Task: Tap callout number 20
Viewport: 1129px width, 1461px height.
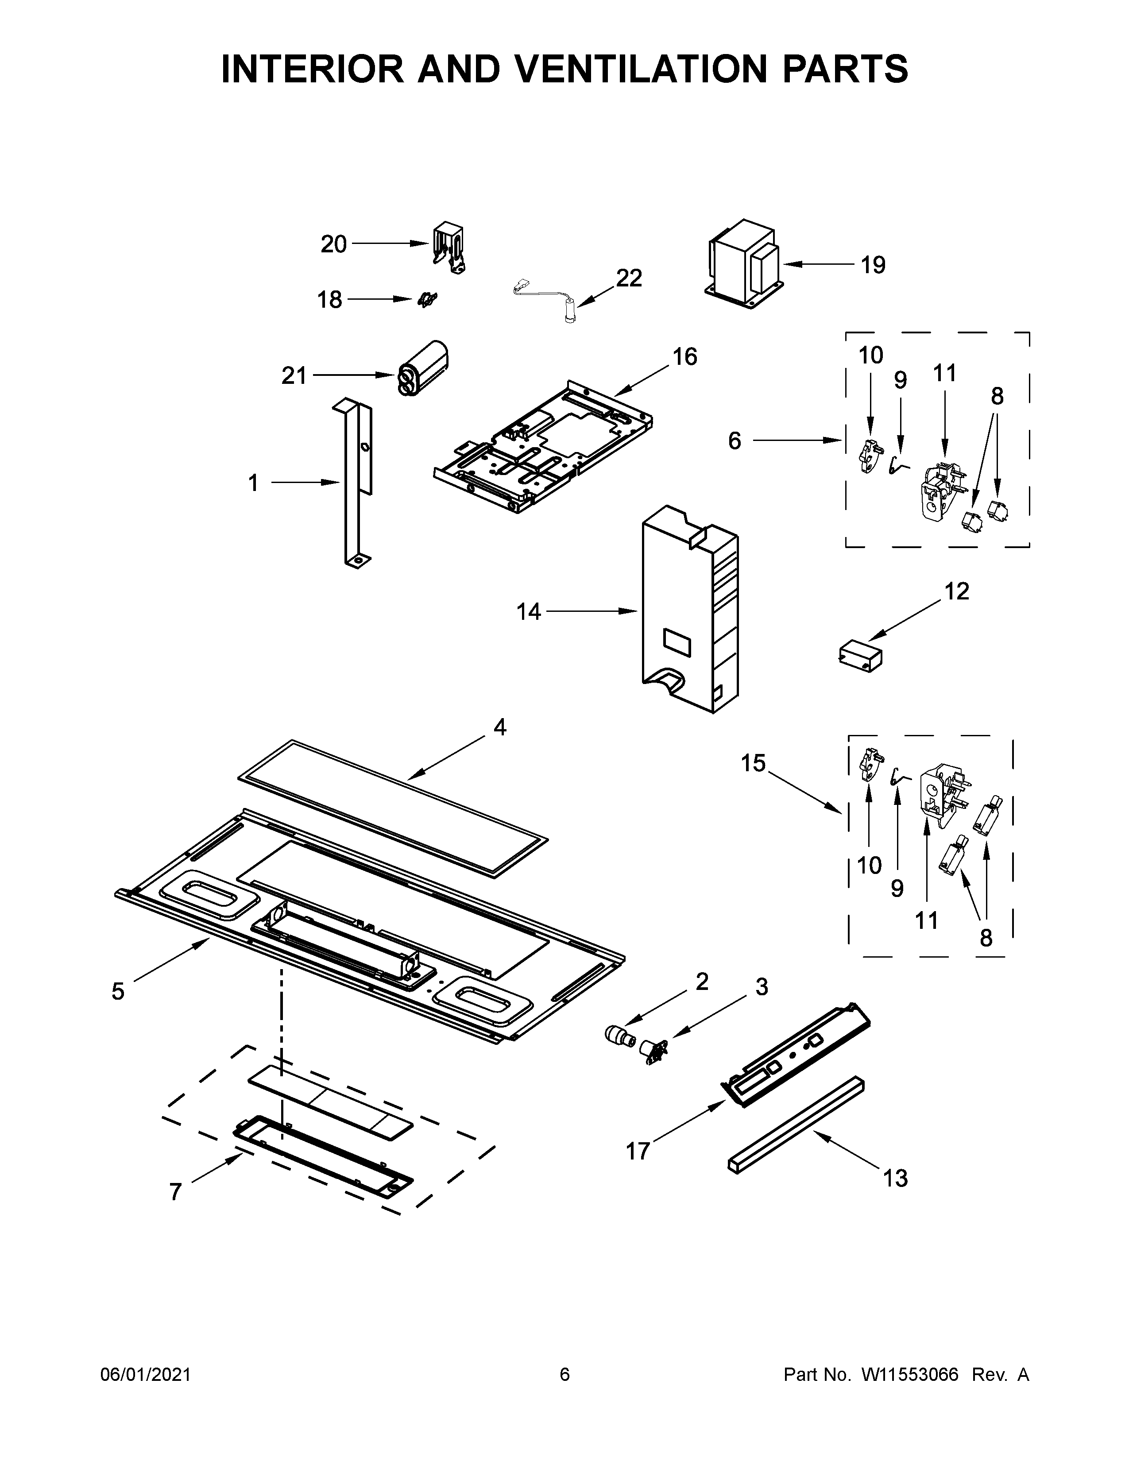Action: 333,244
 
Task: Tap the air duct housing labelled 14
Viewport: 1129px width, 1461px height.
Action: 689,609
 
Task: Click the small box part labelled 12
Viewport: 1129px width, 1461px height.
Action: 859,653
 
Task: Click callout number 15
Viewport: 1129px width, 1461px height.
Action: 753,763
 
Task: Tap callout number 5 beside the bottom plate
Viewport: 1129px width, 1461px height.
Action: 118,991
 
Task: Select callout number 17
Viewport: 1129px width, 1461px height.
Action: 638,1151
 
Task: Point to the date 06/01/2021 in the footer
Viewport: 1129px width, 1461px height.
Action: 146,1374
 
